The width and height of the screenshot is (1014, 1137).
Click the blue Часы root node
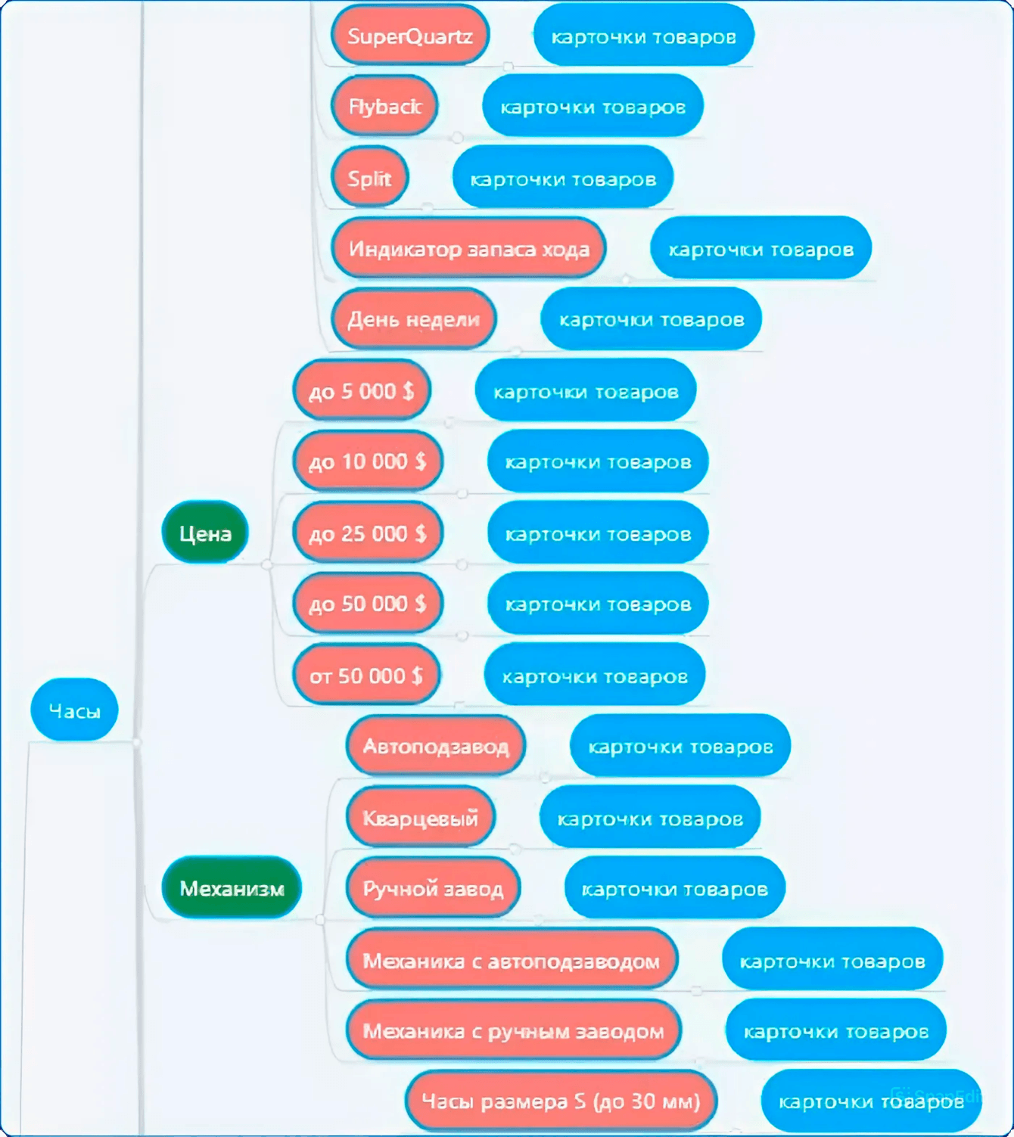point(74,710)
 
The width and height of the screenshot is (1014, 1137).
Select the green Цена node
point(205,532)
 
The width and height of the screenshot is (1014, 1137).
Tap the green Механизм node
point(232,887)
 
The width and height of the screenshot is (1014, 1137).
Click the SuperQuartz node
point(410,36)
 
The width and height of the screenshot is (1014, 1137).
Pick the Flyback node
point(384,105)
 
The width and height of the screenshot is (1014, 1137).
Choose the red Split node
point(369,177)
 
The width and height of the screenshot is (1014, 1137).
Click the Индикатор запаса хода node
point(469,248)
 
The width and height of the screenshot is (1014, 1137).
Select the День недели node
point(414,318)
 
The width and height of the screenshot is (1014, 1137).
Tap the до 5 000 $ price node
point(362,390)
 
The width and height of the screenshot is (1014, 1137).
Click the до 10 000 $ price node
point(368,461)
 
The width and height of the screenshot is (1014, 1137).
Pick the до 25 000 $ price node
point(368,532)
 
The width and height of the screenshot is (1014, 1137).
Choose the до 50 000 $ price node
point(368,603)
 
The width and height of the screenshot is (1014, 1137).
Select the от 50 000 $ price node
point(366,675)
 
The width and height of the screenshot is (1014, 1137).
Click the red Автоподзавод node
point(436,745)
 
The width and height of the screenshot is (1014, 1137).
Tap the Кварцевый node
point(421,816)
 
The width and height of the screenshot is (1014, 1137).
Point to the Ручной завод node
point(433,888)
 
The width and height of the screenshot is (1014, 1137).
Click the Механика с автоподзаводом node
point(512,959)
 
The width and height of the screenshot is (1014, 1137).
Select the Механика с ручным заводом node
point(514,1030)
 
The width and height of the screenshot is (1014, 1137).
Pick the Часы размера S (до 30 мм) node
point(561,1101)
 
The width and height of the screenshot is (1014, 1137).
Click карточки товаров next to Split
point(562,177)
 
